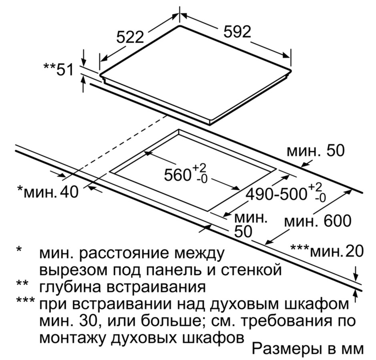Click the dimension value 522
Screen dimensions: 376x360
pos(130,37)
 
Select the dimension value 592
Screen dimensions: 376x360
pos(237,31)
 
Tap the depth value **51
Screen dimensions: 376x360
pos(58,69)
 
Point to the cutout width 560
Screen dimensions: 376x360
pos(177,175)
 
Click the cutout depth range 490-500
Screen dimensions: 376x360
pos(277,194)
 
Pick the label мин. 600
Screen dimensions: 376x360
pos(318,221)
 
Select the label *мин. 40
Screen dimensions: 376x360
pos(48,192)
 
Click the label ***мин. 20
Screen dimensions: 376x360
pos(327,251)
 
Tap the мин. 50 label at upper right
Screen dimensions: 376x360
pos(316,151)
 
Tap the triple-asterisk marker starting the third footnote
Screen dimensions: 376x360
pos(26,300)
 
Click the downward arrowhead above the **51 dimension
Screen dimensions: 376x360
pos(83,63)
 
